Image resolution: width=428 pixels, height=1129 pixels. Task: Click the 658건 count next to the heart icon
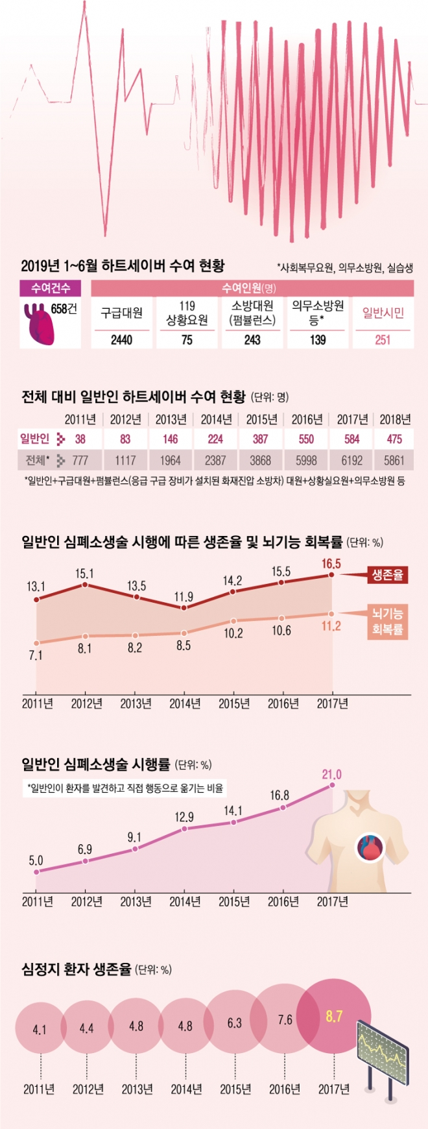click(x=64, y=309)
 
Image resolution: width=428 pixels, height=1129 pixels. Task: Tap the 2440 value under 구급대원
click(x=121, y=339)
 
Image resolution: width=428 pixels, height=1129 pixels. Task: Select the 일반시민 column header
click(x=383, y=313)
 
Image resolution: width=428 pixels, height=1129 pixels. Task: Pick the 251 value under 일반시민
click(x=383, y=339)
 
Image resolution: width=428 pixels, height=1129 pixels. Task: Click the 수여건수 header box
click(x=51, y=287)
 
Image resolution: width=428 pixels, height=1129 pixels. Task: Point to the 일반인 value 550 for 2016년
click(x=306, y=439)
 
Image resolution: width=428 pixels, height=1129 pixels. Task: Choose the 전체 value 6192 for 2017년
click(x=352, y=461)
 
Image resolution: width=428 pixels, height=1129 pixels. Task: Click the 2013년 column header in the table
click(x=171, y=419)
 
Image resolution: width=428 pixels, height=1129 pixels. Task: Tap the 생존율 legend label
click(x=387, y=575)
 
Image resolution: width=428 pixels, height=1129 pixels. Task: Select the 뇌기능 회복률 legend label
click(x=387, y=621)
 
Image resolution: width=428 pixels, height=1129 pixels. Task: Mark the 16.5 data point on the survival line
click(x=331, y=575)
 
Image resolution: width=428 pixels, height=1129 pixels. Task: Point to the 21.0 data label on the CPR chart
click(x=331, y=774)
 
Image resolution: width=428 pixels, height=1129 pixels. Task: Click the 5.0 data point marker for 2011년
click(x=36, y=871)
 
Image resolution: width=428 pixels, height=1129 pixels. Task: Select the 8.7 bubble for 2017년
click(x=334, y=1017)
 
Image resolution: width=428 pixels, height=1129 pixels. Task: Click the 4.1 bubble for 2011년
click(x=40, y=1030)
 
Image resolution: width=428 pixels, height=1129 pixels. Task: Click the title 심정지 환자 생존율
click(x=77, y=969)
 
